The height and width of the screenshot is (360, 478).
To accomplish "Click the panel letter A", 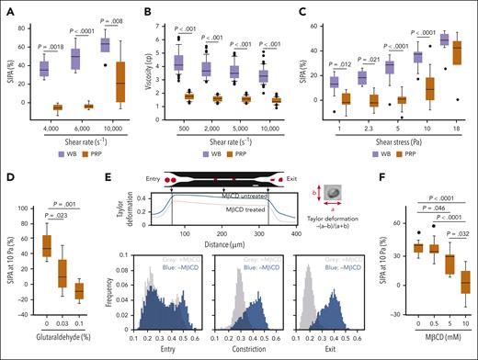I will coord(9,9).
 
